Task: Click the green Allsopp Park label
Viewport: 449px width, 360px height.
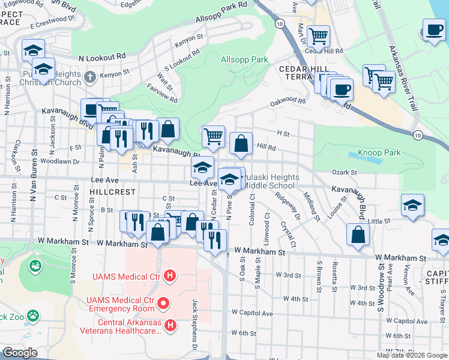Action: pyautogui.click(x=244, y=60)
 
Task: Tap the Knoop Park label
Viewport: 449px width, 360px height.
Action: pyautogui.click(x=379, y=152)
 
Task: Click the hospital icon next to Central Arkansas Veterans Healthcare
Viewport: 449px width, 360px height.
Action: pyautogui.click(x=170, y=326)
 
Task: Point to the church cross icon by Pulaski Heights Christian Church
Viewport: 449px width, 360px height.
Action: pyautogui.click(x=90, y=76)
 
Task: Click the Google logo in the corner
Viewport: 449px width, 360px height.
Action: pyautogui.click(x=20, y=353)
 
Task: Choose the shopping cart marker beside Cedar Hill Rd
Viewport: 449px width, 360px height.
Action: pyautogui.click(x=318, y=36)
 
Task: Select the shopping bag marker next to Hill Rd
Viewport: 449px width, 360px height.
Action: pyautogui.click(x=241, y=143)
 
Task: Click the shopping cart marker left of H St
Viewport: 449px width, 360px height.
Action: pyautogui.click(x=213, y=136)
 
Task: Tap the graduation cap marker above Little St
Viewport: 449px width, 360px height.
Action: pyautogui.click(x=412, y=205)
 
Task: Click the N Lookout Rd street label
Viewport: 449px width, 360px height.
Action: pyautogui.click(x=102, y=57)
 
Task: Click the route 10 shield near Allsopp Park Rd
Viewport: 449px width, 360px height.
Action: pyautogui.click(x=280, y=23)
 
